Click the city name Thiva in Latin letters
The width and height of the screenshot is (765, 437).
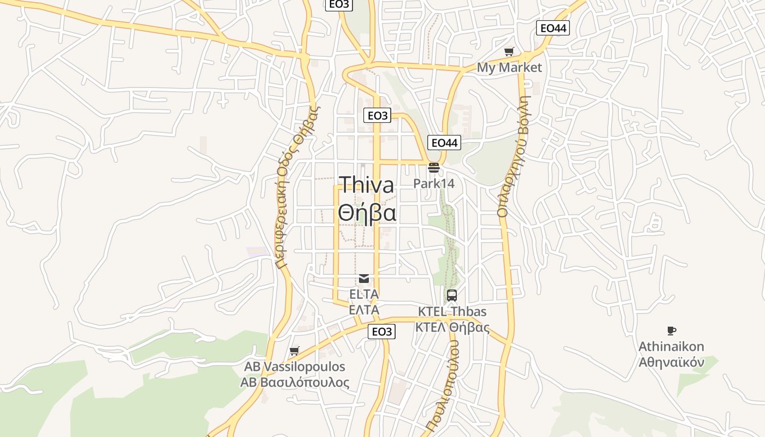[x=366, y=185]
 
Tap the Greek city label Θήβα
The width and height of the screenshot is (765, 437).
[x=367, y=212]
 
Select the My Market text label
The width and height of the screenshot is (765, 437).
[x=509, y=67]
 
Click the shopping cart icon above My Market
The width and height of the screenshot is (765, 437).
[x=509, y=52]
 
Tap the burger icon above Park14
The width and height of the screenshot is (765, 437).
[x=434, y=167]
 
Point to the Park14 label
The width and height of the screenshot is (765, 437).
[x=434, y=183]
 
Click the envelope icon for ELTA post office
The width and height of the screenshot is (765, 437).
[x=364, y=279]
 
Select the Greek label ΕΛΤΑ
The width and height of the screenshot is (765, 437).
[x=364, y=310]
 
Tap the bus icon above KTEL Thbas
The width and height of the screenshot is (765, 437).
[x=452, y=296]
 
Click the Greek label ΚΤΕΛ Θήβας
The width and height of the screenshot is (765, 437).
[x=452, y=327]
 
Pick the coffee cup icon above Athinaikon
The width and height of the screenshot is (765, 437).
[x=672, y=330]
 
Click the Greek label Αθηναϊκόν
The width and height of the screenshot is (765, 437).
[x=672, y=362]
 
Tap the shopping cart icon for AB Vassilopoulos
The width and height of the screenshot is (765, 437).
[x=295, y=351]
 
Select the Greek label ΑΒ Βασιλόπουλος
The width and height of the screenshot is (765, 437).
[x=295, y=382]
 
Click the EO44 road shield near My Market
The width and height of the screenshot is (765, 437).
[x=553, y=28]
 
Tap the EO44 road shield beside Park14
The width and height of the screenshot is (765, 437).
[x=444, y=143]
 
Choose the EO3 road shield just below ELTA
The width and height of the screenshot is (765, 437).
[x=381, y=332]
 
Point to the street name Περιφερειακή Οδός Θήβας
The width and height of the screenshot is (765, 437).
[x=297, y=186]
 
